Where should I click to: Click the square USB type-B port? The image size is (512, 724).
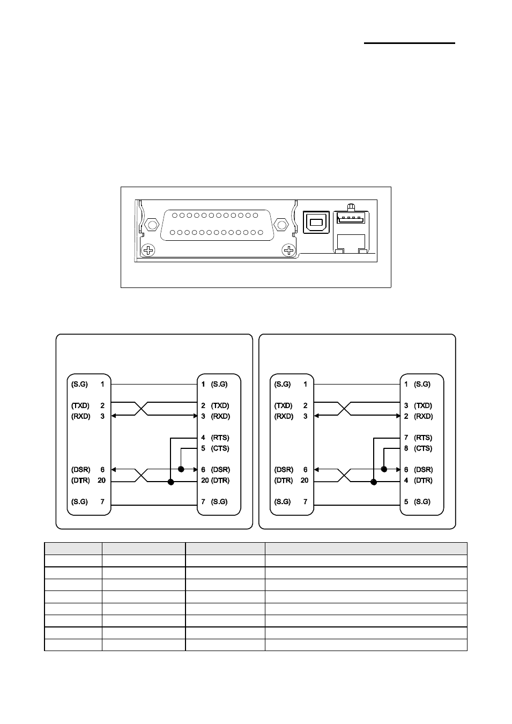click(316, 222)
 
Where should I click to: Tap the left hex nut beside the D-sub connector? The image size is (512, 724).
click(151, 224)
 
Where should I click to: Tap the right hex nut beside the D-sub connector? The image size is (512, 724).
click(281, 224)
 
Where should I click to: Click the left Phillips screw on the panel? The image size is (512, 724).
click(149, 250)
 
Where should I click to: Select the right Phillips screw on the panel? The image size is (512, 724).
click(288, 250)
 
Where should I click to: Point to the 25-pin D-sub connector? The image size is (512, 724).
click(217, 225)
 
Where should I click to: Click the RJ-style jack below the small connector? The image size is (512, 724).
click(351, 243)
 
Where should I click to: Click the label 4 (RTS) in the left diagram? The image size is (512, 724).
click(215, 438)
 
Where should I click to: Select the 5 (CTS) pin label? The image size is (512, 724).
click(215, 448)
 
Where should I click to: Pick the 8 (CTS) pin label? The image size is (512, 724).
click(418, 448)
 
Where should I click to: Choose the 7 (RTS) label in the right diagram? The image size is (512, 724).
click(418, 438)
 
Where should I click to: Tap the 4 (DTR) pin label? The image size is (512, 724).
click(418, 481)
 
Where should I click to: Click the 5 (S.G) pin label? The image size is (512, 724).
click(417, 501)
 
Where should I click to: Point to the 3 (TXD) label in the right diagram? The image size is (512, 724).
click(418, 405)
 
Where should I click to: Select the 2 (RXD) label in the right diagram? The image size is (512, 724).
click(418, 416)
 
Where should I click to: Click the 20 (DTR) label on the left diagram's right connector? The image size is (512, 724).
click(216, 481)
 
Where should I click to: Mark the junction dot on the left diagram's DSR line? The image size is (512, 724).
click(181, 469)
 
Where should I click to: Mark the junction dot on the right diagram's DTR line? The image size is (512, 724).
click(374, 482)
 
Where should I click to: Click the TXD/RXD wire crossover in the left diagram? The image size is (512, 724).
click(141, 409)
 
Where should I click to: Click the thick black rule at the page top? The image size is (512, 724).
click(410, 43)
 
